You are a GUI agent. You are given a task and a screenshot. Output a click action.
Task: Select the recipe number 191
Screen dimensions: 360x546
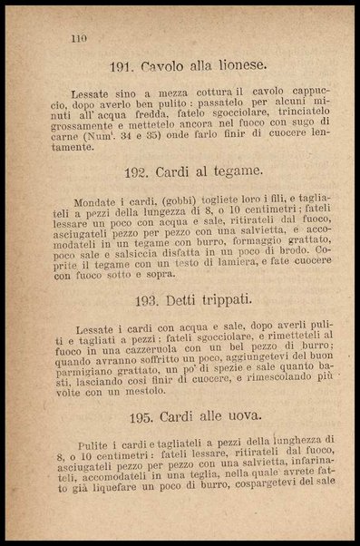pyautogui.click(x=122, y=67)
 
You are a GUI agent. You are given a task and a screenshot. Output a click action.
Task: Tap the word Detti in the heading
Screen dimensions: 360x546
pyautogui.click(x=172, y=300)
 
